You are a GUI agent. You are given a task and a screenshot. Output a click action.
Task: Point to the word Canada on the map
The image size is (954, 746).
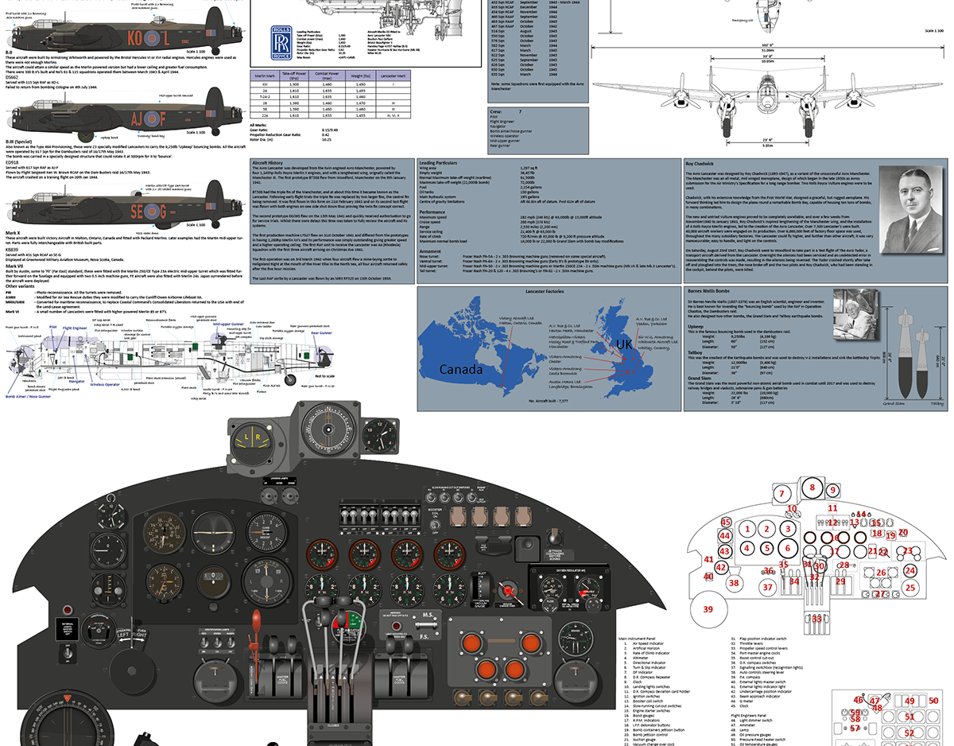[461, 369]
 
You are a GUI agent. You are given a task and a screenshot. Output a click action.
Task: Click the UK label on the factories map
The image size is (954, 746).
[626, 344]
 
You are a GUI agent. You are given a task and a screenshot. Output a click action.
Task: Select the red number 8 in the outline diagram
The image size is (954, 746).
[812, 488]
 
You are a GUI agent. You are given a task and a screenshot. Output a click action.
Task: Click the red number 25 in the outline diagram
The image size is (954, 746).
[910, 588]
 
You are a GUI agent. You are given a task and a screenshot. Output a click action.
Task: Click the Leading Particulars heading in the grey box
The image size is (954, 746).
[439, 161]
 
